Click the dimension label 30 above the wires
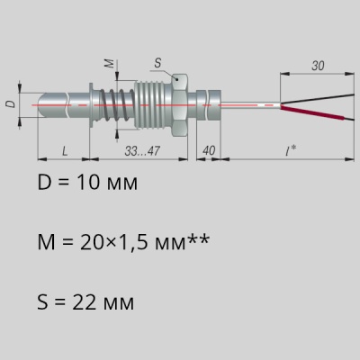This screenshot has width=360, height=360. coord(318,66)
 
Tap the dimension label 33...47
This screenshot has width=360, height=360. coord(142,151)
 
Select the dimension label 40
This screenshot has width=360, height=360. coord(209,150)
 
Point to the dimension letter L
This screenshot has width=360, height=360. coord(65,151)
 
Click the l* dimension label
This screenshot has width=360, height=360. coord(291,150)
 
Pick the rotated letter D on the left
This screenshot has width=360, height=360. coord(11,104)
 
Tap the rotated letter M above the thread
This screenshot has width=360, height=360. coord(110,63)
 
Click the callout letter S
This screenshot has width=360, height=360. coord(157,63)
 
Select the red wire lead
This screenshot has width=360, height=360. coord(312,112)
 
